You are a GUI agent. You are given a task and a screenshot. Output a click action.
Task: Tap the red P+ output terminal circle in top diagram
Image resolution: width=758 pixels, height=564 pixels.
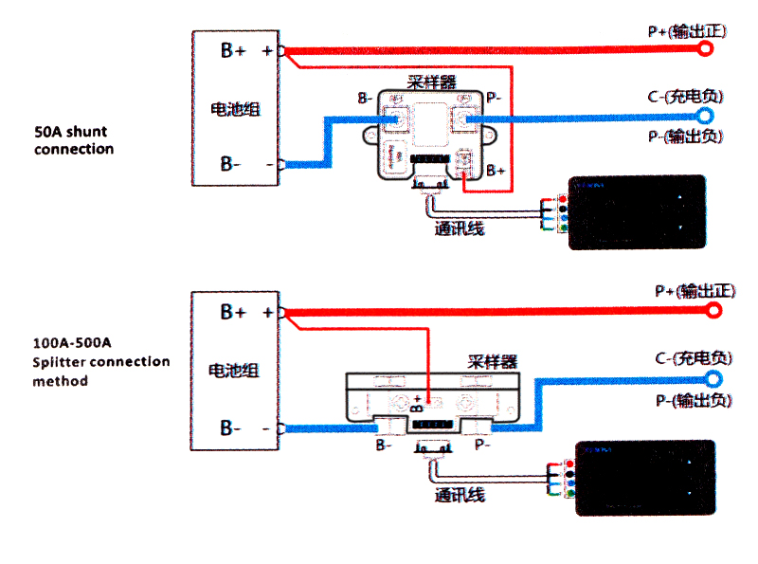(704, 49)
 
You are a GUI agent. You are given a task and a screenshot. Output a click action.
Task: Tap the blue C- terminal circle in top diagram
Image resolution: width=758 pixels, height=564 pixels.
(704, 116)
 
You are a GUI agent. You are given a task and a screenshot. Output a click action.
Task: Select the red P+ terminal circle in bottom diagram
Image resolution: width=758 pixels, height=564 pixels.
(713, 311)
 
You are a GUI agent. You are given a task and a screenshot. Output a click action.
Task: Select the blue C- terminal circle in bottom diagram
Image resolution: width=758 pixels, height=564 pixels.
(713, 378)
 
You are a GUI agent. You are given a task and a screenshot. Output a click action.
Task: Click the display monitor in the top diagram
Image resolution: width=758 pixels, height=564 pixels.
(636, 212)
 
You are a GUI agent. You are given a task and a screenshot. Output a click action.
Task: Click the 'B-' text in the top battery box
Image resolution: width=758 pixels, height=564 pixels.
(231, 164)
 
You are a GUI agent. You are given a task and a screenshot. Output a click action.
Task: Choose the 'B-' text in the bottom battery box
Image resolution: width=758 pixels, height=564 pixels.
(231, 428)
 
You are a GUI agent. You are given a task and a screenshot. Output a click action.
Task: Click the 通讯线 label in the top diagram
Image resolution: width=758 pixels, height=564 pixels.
(460, 228)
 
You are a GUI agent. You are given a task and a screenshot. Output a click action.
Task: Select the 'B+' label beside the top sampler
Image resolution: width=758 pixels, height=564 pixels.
(496, 171)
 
